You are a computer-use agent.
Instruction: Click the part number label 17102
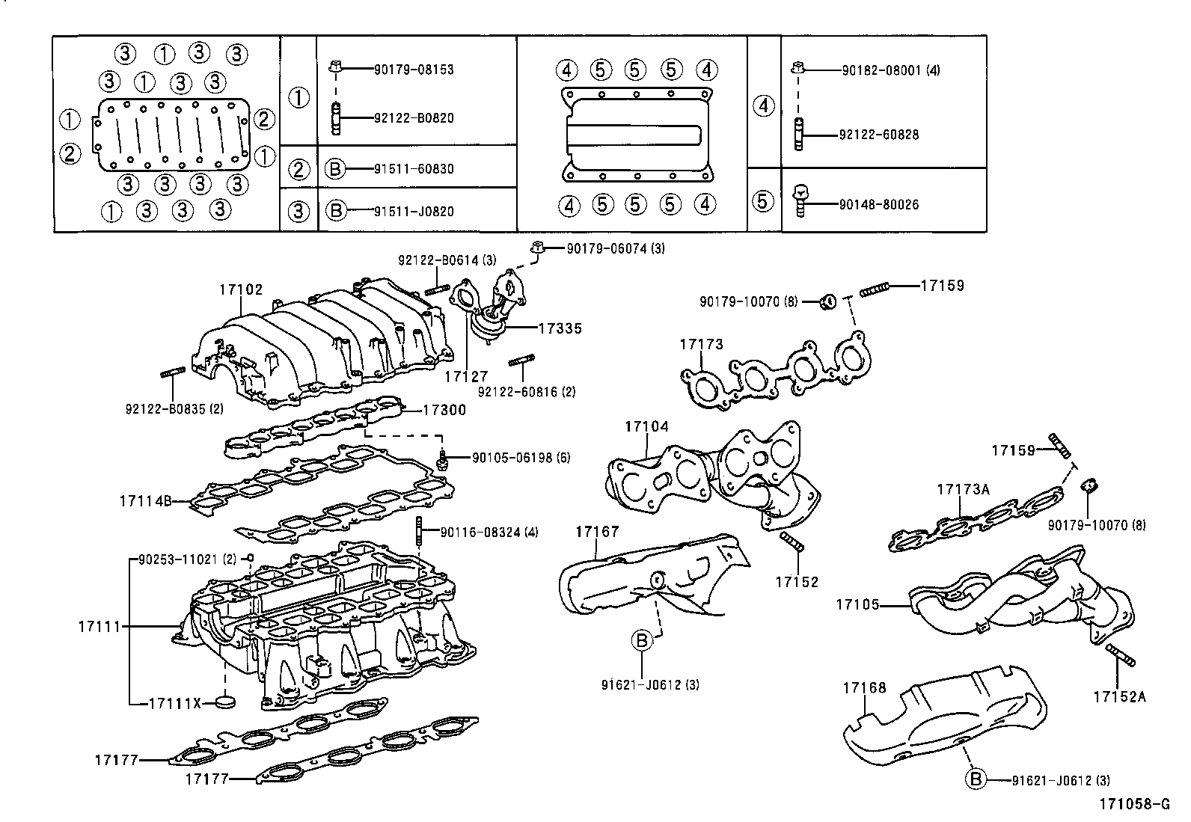coord(241,289)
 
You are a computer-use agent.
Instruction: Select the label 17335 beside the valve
coord(560,328)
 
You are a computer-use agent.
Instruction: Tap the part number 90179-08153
coord(414,70)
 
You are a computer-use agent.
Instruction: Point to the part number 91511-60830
coord(414,169)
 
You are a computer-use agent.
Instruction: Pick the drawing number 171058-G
coord(1133,805)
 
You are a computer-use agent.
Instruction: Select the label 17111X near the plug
coord(175,703)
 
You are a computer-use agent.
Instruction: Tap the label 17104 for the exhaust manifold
coord(646,426)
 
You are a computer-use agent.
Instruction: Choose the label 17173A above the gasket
coord(963,489)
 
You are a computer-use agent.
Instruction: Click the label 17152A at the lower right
coord(1118,696)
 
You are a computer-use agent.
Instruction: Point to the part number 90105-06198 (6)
coord(520,457)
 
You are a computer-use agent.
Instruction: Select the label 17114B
coord(145,500)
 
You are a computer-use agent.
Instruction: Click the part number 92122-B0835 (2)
coord(174,408)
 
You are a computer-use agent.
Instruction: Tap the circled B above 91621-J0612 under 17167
coord(641,640)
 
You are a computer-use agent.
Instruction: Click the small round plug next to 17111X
coord(224,702)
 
